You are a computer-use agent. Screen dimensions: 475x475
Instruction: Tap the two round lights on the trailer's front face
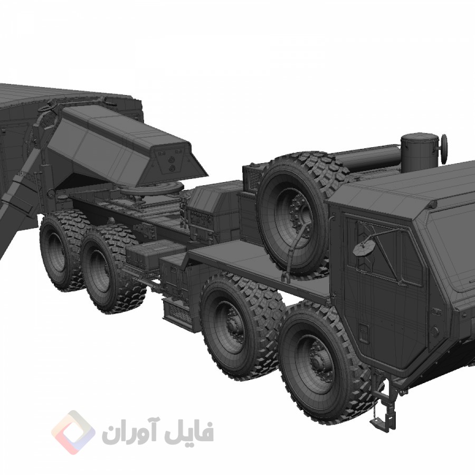(172, 161)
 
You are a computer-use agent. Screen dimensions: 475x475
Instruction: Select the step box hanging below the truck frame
(177, 311)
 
